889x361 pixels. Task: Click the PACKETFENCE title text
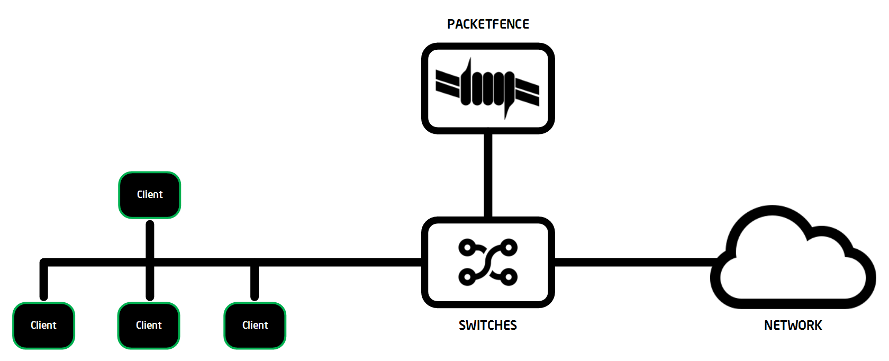pos(488,24)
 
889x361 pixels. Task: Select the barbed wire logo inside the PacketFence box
pos(487,88)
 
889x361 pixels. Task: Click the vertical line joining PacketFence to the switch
pos(488,175)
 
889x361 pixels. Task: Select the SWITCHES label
pos(488,325)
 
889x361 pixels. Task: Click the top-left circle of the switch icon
pos(467,248)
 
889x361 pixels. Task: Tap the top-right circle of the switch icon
pos(509,248)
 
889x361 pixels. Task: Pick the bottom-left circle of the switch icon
pos(467,277)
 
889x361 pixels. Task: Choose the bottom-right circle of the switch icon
pos(509,277)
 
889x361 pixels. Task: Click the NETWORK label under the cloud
pos(793,325)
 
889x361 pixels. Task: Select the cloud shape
pos(793,257)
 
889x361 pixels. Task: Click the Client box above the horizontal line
pos(150,195)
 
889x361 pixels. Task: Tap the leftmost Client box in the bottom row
pos(43,325)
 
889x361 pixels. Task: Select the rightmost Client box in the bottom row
pos(255,325)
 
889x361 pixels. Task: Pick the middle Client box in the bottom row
pos(149,325)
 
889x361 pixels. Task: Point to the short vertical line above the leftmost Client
pos(43,279)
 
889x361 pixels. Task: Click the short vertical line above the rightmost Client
pos(255,279)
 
